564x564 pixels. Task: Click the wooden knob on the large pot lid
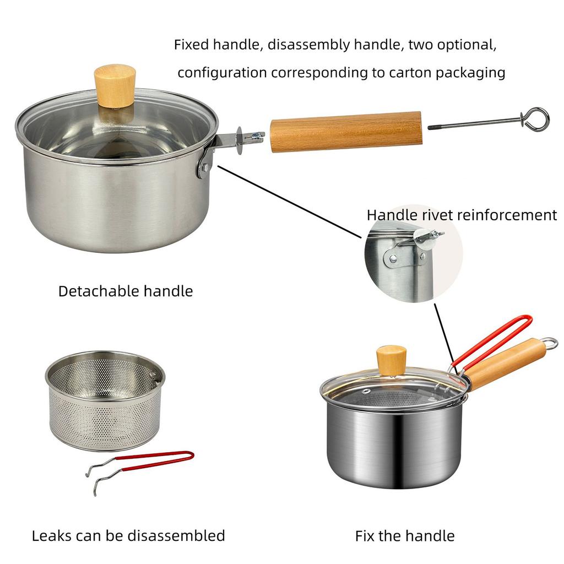pyautogui.click(x=115, y=85)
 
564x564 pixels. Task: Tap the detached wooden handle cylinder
pyautogui.click(x=346, y=132)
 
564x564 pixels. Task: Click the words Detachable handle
pyautogui.click(x=126, y=291)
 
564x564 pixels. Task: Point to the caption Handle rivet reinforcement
pyautogui.click(x=462, y=215)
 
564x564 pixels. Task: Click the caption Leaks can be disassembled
pyautogui.click(x=128, y=535)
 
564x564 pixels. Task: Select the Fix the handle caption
pyautogui.click(x=405, y=535)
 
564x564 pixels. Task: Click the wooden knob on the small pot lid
pyautogui.click(x=391, y=360)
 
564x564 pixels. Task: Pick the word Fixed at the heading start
pyautogui.click(x=192, y=45)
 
